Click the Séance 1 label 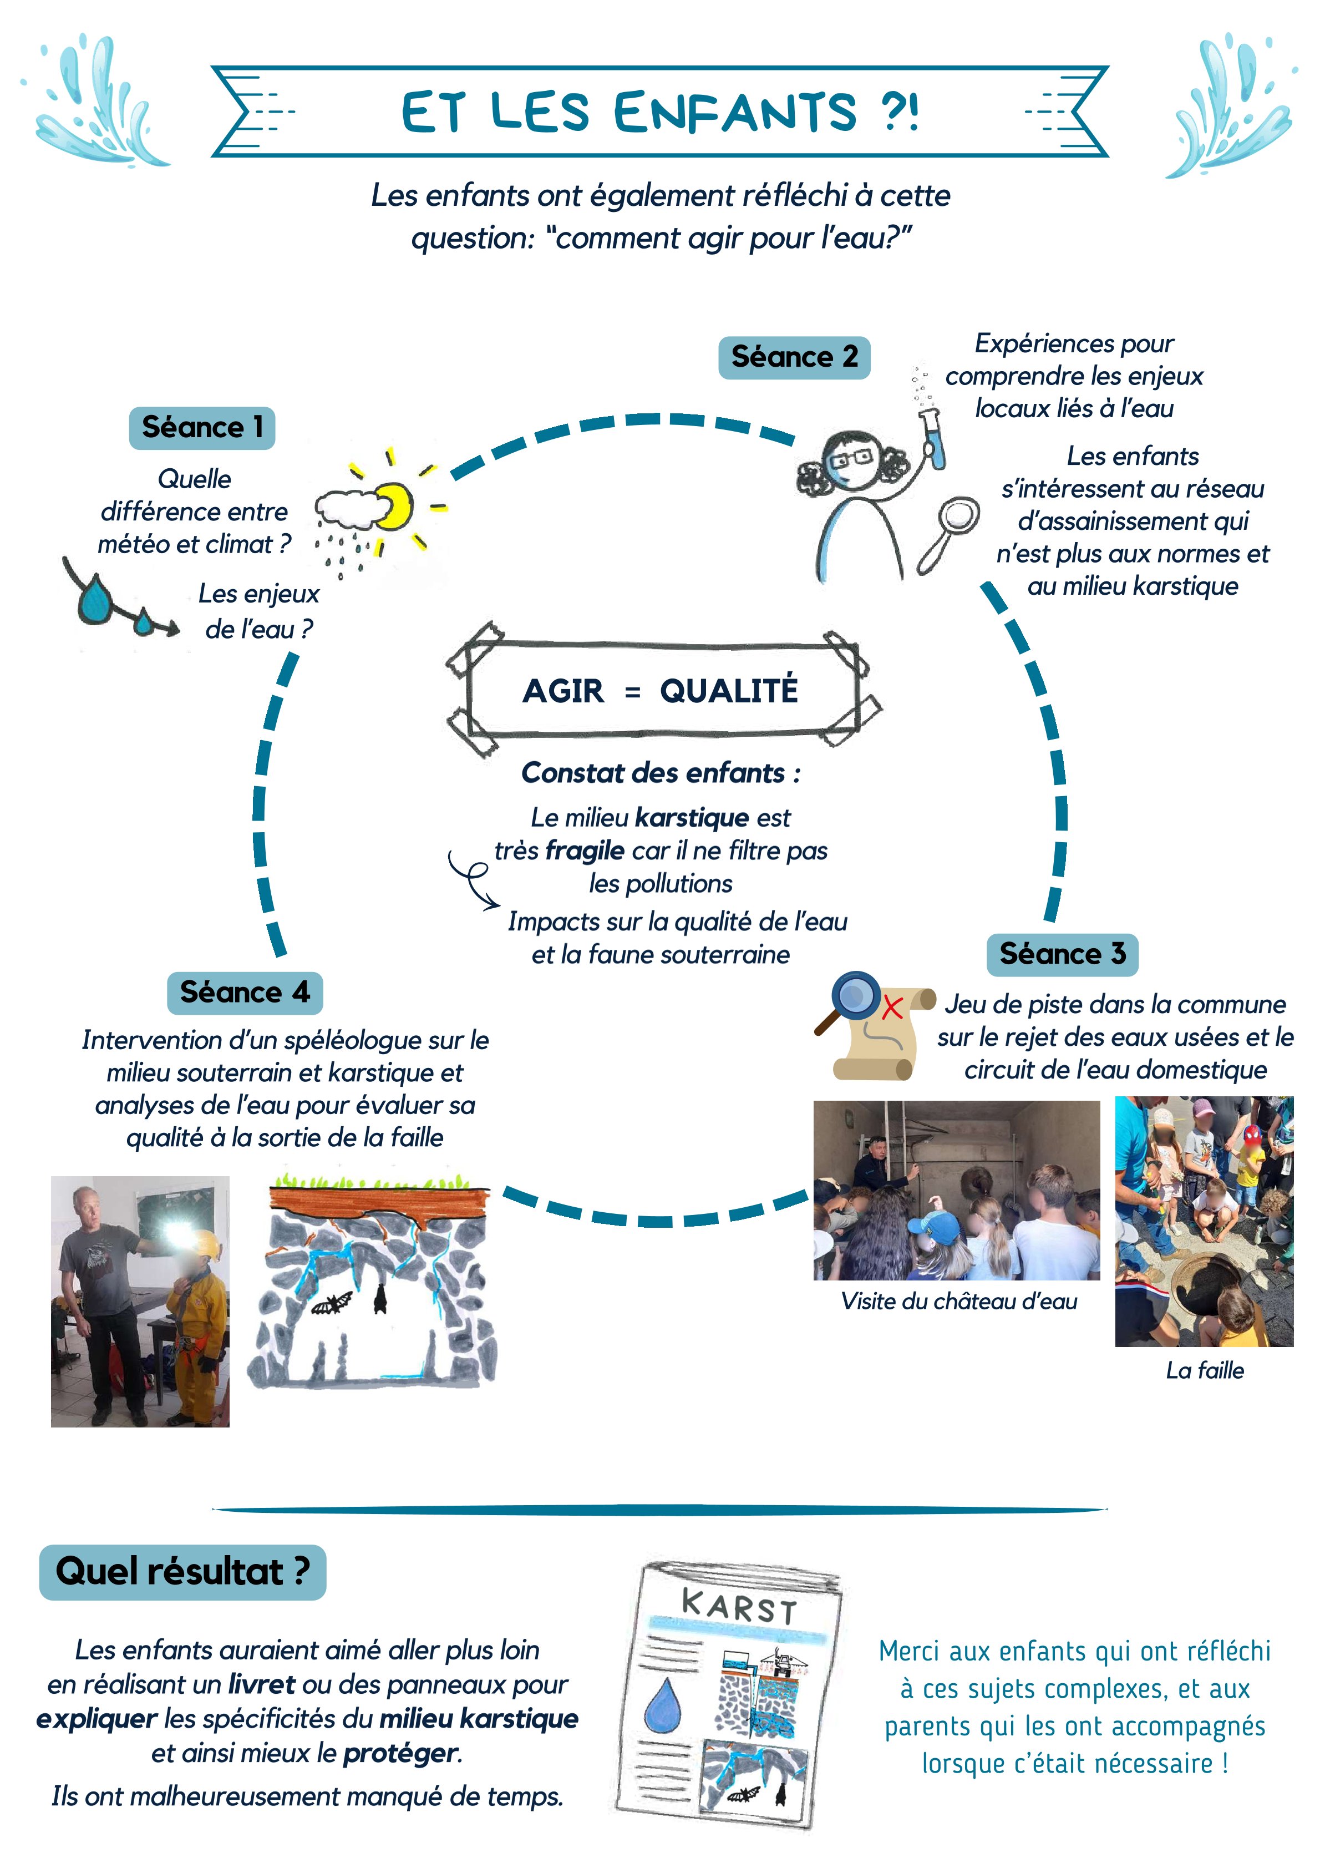pyautogui.click(x=202, y=428)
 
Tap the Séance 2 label pyautogui.click(x=794, y=357)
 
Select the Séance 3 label pyautogui.click(x=1062, y=954)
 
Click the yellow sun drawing pyautogui.click(x=394, y=506)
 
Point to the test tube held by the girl pyautogui.click(x=933, y=440)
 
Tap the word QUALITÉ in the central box pyautogui.click(x=729, y=691)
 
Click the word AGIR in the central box pyautogui.click(x=563, y=691)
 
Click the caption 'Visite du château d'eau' pyautogui.click(x=959, y=1302)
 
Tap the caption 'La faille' pyautogui.click(x=1205, y=1371)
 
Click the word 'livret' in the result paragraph pyautogui.click(x=261, y=1684)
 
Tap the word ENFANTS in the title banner pyautogui.click(x=734, y=112)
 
